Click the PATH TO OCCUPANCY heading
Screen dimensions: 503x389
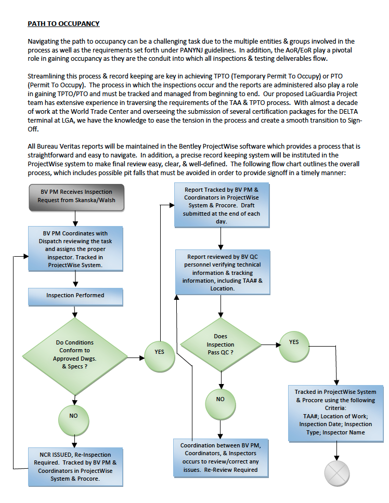tap(63, 24)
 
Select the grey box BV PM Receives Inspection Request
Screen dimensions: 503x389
tap(76, 196)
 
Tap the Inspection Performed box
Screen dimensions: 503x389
tap(75, 296)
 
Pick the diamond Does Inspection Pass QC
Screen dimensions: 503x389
tap(221, 345)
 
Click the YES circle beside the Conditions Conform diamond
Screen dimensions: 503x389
tap(159, 352)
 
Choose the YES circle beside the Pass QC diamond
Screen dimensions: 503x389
tap(294, 342)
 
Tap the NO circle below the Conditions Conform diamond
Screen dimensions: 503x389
tap(74, 416)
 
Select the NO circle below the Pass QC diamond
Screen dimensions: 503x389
tap(220, 399)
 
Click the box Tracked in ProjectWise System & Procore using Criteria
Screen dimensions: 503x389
tap(335, 412)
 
